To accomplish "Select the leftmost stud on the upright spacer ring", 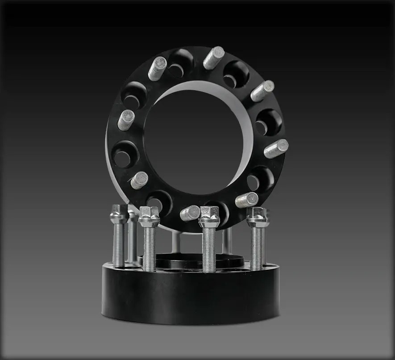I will [126, 120].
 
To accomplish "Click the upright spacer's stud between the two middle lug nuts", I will [190, 213].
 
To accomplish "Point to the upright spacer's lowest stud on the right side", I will [247, 200].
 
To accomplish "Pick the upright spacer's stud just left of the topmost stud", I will [157, 68].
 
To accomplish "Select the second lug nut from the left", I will [149, 217].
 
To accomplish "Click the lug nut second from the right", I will [209, 217].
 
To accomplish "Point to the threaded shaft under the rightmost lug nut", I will [256, 248].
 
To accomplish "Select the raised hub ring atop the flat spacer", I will [192, 261].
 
